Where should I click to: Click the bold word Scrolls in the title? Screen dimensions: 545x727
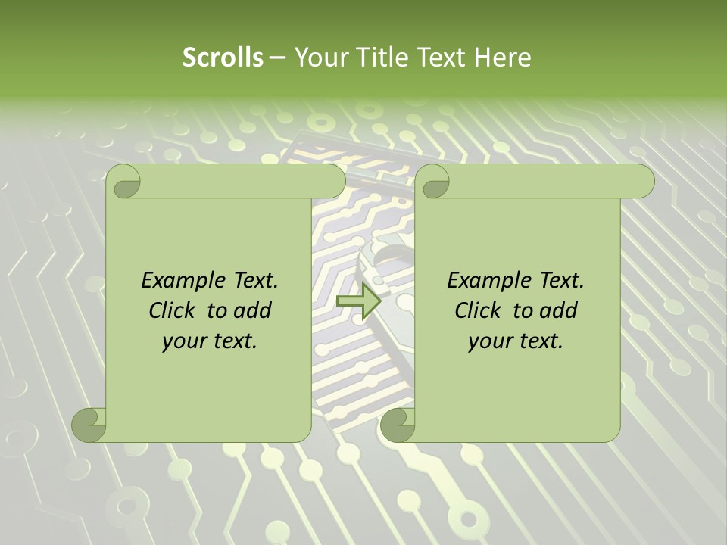223,58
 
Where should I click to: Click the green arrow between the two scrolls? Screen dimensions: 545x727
358,301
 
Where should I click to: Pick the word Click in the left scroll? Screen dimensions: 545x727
173,310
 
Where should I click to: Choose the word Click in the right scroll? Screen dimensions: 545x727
479,310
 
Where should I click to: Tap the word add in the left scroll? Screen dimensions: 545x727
253,310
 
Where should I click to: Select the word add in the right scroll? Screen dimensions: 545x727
559,310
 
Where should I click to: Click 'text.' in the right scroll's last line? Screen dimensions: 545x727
541,341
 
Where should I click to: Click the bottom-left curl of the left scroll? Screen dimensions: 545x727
89,424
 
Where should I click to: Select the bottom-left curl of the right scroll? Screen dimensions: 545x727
397,424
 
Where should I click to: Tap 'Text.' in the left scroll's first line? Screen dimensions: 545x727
253,280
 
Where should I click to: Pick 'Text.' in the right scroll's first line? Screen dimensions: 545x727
559,280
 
